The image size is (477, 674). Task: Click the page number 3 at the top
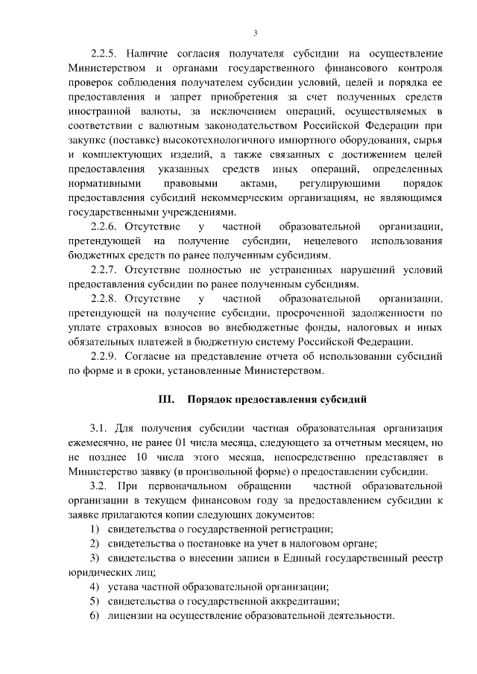[255, 33]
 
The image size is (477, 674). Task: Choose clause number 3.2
[99, 486]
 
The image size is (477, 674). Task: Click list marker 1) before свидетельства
[94, 529]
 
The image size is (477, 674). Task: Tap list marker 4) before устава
[94, 587]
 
